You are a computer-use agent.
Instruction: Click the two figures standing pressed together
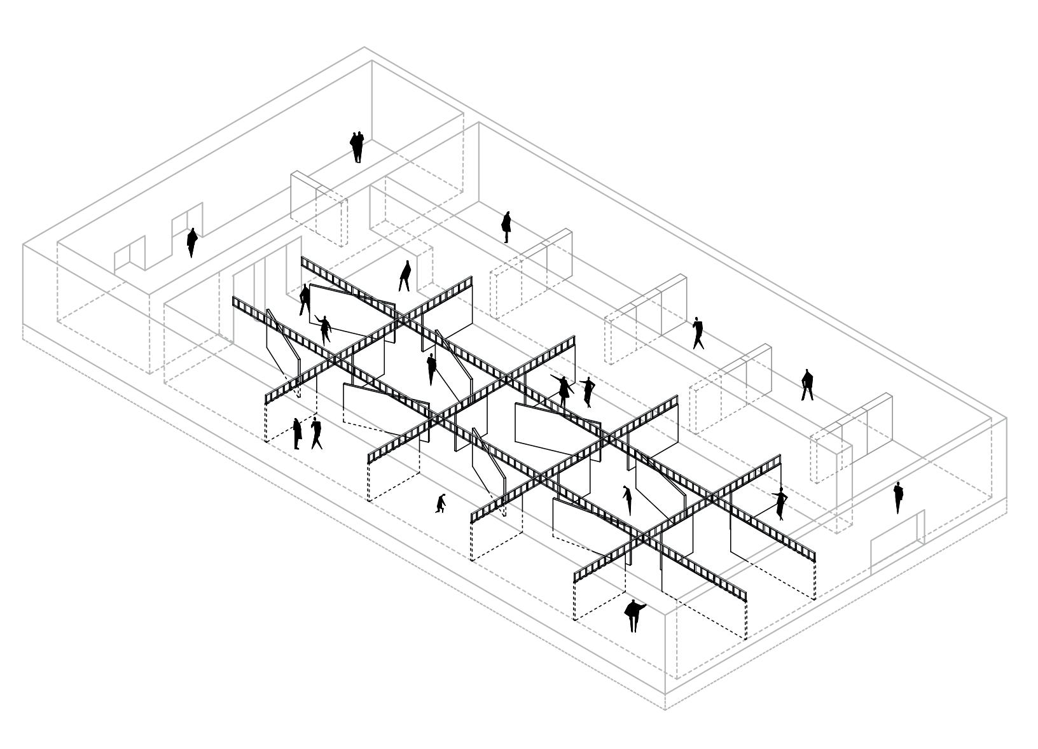tap(357, 147)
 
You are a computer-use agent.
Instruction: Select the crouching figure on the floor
tap(440, 503)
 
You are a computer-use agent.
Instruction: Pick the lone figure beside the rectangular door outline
tap(897, 497)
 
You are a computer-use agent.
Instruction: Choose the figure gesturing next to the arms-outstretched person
tap(588, 392)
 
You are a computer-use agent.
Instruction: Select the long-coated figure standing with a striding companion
tap(297, 433)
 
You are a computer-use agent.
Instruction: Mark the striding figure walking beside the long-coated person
tap(316, 433)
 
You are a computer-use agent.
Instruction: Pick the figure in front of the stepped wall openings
tap(192, 242)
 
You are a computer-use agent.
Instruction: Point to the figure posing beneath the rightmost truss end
tap(780, 503)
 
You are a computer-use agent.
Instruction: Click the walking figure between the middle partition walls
tap(698, 333)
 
